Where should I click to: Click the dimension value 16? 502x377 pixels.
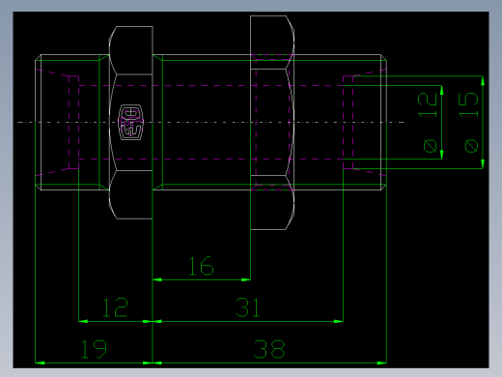click(x=200, y=266)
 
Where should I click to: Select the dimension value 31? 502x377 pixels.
click(x=249, y=308)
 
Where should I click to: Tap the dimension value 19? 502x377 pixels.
click(x=94, y=349)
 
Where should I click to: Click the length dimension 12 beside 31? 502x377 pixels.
click(x=115, y=308)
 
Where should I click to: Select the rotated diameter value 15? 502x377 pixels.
click(x=469, y=104)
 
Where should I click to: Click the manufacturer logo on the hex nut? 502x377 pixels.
click(x=131, y=123)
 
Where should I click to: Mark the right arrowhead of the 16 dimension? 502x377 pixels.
click(x=247, y=279)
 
